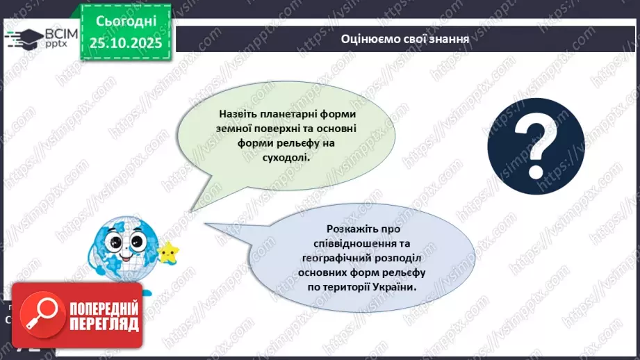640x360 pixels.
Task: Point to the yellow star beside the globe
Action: (167, 252)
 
